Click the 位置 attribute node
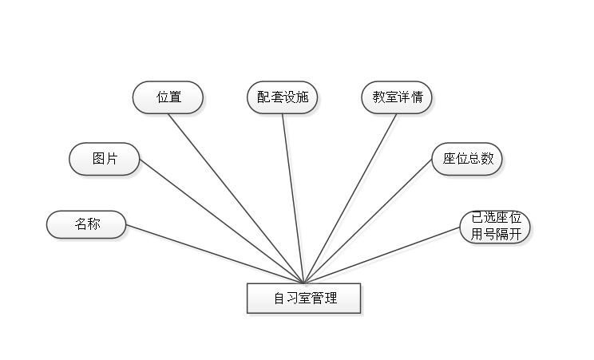click(168, 97)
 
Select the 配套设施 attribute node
click(283, 97)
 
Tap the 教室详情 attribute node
click(397, 97)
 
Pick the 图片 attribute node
click(105, 159)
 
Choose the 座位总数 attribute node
click(468, 159)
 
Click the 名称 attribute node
click(87, 224)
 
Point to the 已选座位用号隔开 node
click(495, 227)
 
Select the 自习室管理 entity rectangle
click(304, 299)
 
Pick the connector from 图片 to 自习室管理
click(224, 224)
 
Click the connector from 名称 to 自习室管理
click(216, 255)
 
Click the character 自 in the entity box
click(279, 299)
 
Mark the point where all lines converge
click(305, 282)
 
